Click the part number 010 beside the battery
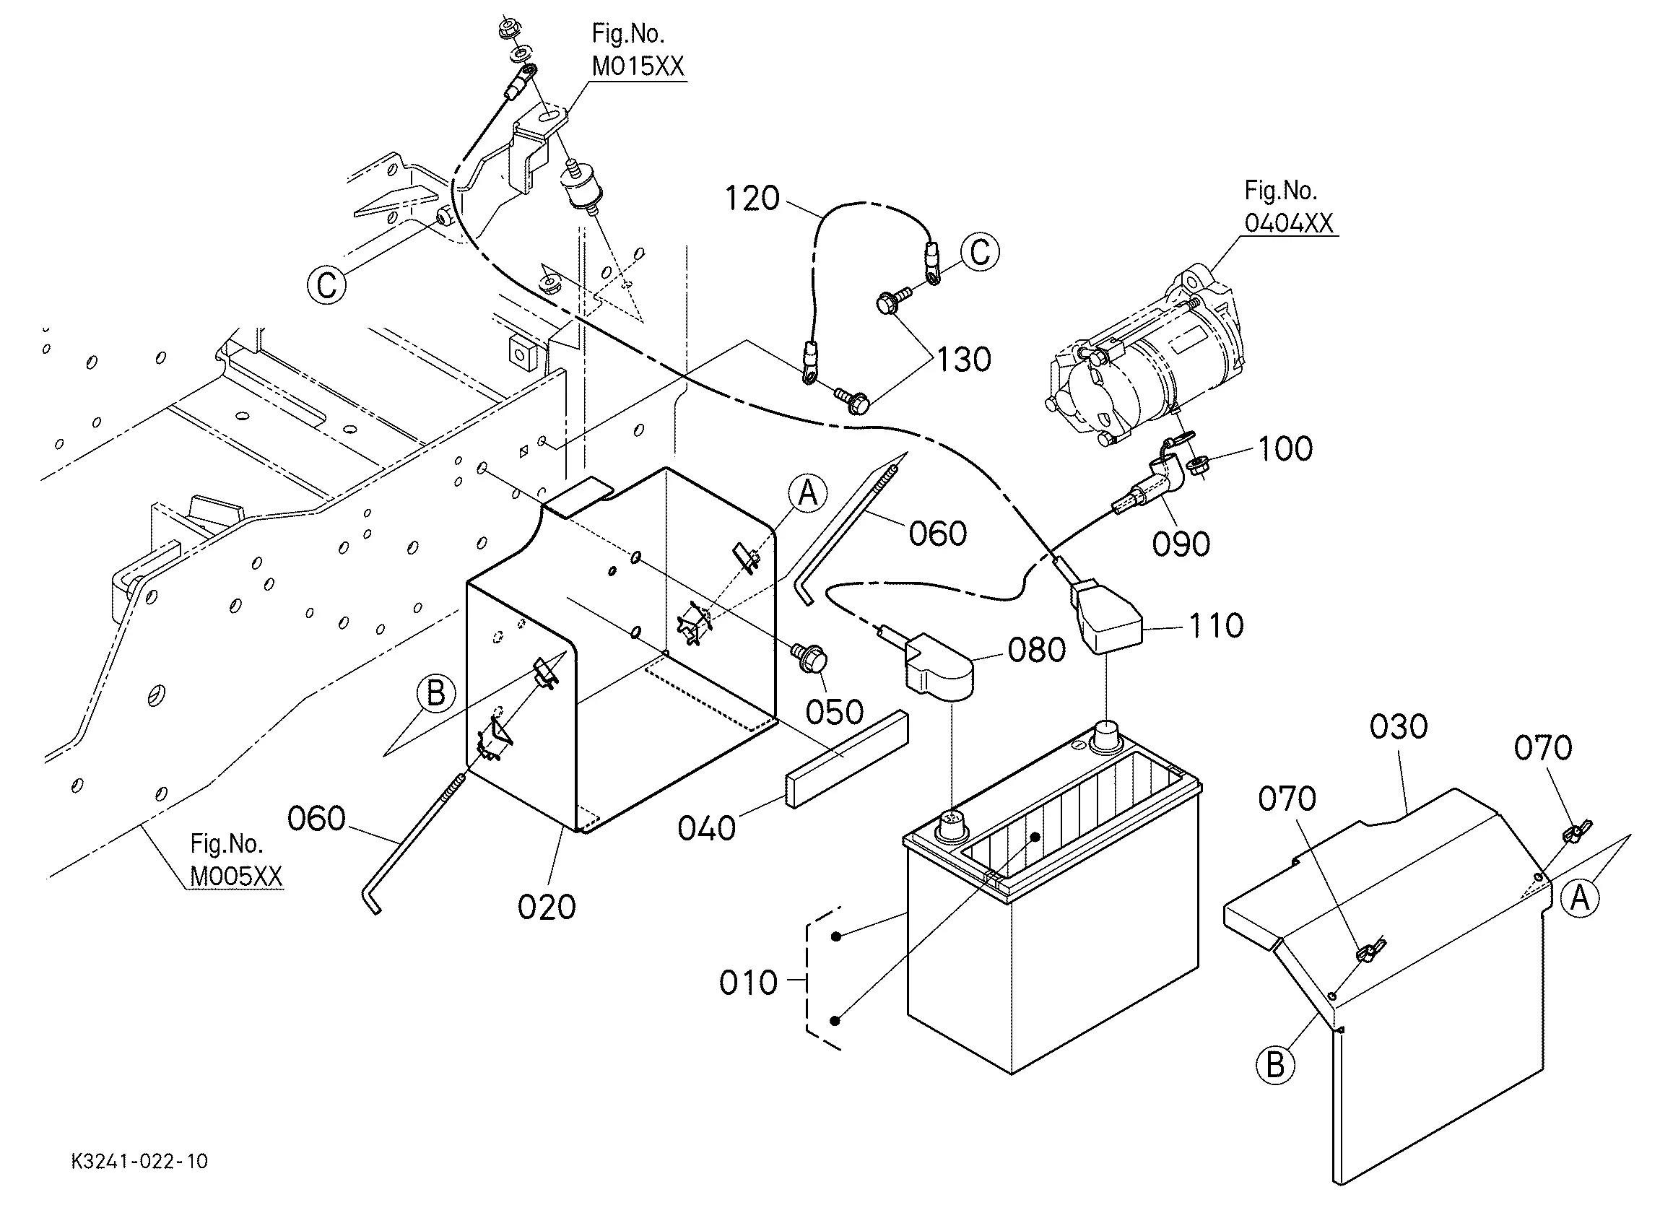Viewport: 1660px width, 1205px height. click(748, 983)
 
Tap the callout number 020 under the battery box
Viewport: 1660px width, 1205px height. click(547, 908)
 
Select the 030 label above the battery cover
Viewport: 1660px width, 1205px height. click(1399, 727)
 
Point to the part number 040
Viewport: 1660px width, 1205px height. click(706, 829)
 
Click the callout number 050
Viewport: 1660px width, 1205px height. click(835, 712)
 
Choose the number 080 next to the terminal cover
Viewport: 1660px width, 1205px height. click(1036, 650)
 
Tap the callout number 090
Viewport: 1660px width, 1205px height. click(1181, 544)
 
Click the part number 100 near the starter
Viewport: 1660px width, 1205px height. click(1285, 449)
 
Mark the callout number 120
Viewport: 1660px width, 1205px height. click(752, 199)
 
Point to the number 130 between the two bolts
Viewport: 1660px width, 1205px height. click(964, 360)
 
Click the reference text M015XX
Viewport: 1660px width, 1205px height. click(638, 66)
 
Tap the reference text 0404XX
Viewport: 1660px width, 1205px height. click(1290, 222)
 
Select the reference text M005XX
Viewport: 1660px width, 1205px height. click(235, 876)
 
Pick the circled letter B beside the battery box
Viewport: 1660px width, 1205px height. click(435, 693)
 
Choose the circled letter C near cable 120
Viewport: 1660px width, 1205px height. click(980, 252)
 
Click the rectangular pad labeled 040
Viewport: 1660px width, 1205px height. click(847, 759)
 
